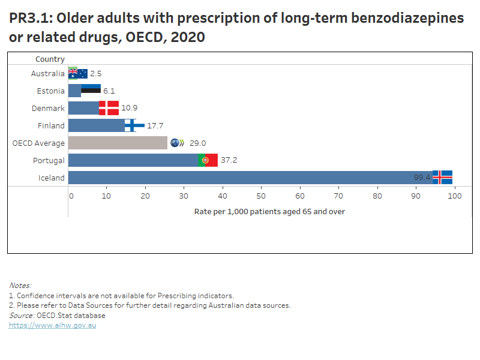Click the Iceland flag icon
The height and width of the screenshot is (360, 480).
pos(442,177)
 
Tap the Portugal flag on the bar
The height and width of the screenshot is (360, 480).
pos(208,160)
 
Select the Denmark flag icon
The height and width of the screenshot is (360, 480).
pos(109,108)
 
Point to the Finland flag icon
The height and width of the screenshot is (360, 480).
pos(134,125)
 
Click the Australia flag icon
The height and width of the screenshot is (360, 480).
pos(78,73)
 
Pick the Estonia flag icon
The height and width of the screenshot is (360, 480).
pos(91,91)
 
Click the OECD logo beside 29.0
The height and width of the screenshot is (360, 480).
pos(178,143)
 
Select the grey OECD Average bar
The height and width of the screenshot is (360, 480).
pos(118,143)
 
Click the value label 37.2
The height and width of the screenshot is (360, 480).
pos(229,160)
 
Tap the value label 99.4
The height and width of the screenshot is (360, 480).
pos(422,178)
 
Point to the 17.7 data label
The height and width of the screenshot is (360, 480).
pos(155,125)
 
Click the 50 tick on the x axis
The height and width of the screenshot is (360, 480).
pos(261,196)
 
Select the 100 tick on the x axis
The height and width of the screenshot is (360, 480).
pos(454,196)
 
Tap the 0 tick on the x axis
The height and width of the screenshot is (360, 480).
pos(71,196)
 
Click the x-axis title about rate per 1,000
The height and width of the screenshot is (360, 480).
pos(269,212)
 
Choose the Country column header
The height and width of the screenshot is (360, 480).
pos(50,59)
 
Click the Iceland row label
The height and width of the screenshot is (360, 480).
pos(51,178)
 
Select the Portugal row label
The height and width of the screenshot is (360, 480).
pos(49,160)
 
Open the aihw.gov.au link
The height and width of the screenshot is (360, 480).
pos(52,325)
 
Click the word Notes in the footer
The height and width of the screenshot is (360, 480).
pos(20,286)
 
